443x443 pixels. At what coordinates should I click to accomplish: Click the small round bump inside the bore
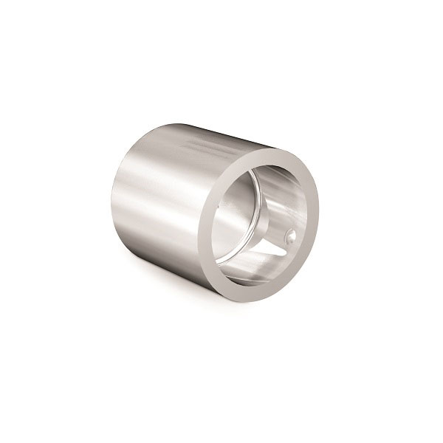coord(289,238)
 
